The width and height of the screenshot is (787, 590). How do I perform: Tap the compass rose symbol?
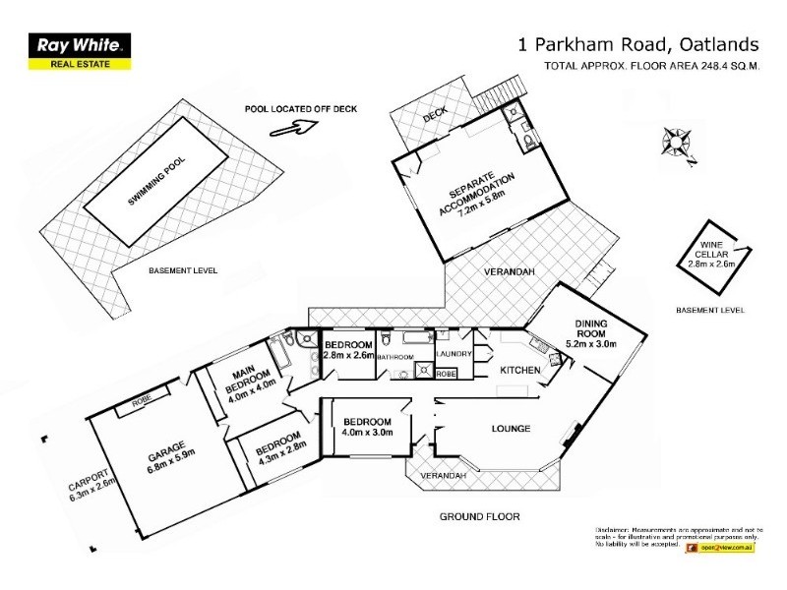click(x=678, y=142)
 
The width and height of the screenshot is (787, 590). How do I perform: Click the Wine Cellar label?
click(x=712, y=255)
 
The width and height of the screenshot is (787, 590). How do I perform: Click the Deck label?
click(x=436, y=115)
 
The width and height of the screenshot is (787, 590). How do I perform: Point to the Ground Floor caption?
click(x=479, y=516)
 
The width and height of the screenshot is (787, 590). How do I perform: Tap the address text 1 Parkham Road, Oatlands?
click(x=638, y=44)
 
